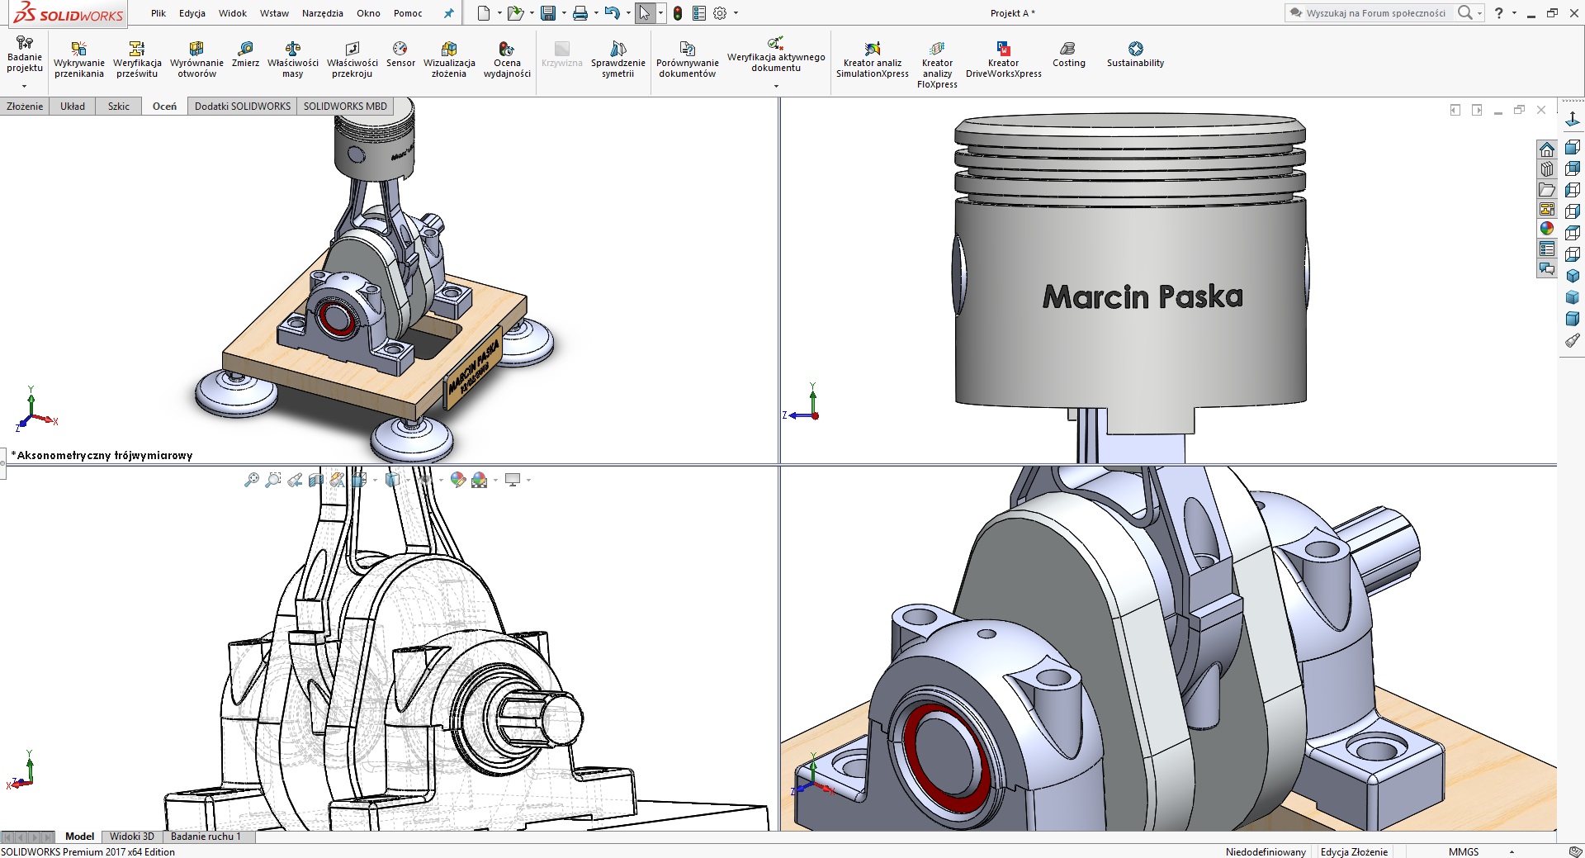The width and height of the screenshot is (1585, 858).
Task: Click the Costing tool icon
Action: (1068, 55)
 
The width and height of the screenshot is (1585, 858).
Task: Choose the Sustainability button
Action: (1135, 55)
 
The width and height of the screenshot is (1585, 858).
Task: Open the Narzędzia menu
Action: (322, 13)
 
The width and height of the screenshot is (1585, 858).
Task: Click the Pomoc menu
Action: (408, 13)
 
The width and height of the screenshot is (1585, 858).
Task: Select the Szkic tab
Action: (118, 107)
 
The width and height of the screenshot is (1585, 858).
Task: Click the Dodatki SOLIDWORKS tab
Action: (242, 107)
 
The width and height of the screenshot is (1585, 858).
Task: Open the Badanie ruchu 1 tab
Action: (206, 837)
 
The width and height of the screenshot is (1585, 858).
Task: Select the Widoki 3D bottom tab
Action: (132, 837)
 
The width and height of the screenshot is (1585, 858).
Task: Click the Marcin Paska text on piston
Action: (1143, 296)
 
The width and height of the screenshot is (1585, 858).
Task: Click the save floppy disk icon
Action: (547, 13)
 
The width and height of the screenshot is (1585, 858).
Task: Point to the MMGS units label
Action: (1463, 851)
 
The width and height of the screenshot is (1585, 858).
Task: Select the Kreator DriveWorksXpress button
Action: (1003, 59)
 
